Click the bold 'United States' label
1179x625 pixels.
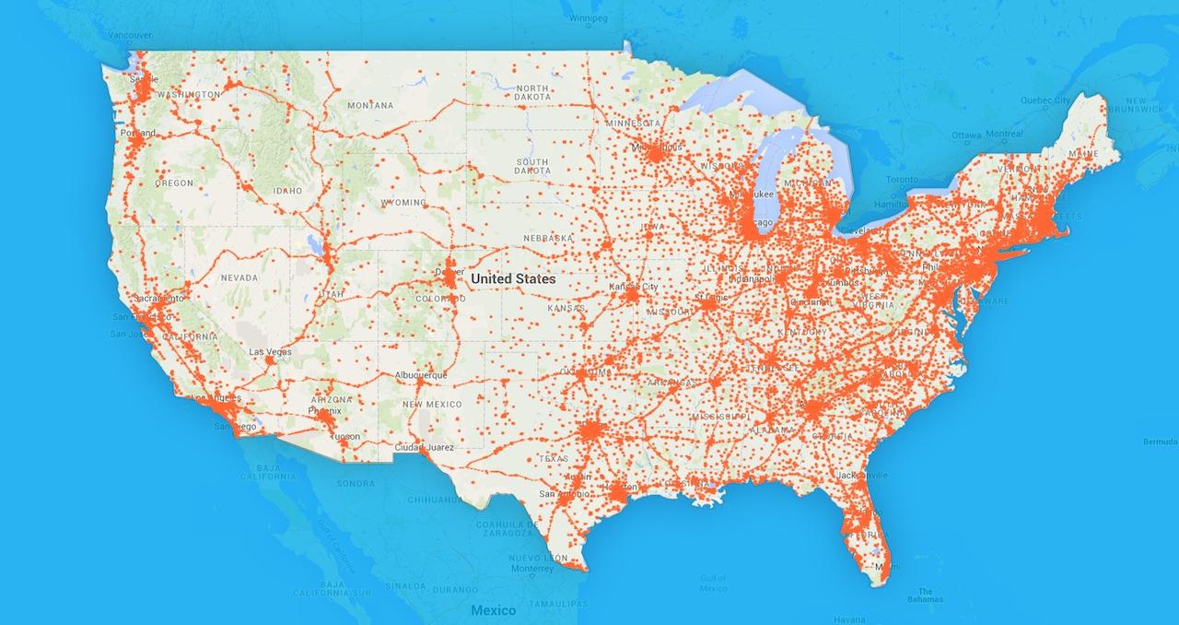[513, 277]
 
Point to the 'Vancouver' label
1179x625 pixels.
[128, 35]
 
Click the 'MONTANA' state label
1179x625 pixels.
[370, 106]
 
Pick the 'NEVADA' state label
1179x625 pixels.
[239, 277]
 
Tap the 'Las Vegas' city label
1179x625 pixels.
[271, 352]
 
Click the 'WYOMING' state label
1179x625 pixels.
[403, 202]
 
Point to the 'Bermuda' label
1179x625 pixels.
[1159, 442]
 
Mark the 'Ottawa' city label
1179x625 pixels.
[966, 135]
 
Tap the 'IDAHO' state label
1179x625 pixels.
[287, 190]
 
